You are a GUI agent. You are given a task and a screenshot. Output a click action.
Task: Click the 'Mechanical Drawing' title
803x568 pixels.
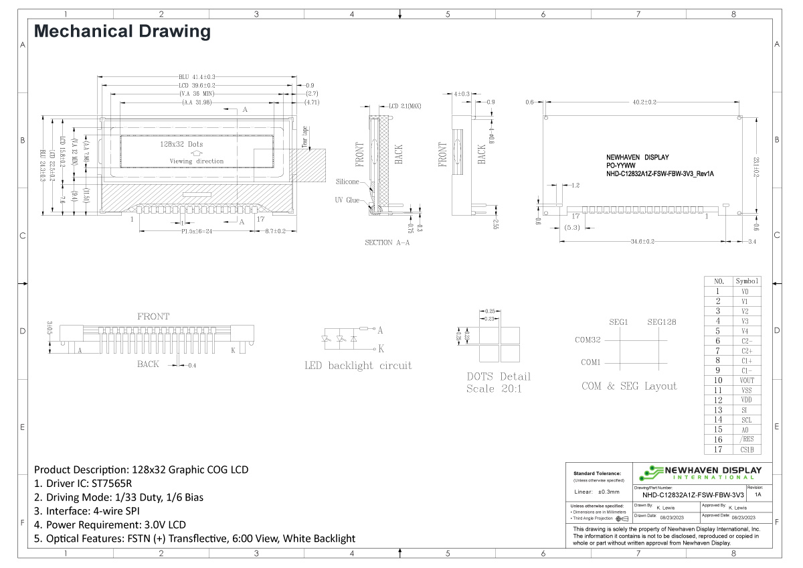pyautogui.click(x=122, y=31)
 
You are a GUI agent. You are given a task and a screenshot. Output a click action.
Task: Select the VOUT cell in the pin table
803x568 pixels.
pyautogui.click(x=747, y=380)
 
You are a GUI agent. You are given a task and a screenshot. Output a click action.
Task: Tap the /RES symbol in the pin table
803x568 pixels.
pyautogui.click(x=747, y=439)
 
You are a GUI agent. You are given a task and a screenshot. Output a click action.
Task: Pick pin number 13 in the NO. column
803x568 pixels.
pyautogui.click(x=717, y=410)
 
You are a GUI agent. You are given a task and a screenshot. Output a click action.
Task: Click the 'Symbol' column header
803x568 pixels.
pyautogui.click(x=747, y=281)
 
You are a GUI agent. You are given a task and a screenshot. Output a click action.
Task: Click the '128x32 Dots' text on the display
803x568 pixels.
pyautogui.click(x=181, y=144)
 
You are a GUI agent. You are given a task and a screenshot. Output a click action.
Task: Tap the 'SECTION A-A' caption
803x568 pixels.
pyautogui.click(x=387, y=242)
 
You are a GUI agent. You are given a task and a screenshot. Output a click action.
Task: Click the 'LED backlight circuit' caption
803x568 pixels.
pyautogui.click(x=358, y=366)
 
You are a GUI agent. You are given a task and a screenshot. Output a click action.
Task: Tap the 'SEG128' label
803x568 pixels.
pyautogui.click(x=661, y=322)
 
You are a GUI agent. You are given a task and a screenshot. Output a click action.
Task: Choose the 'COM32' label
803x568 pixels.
pyautogui.click(x=588, y=340)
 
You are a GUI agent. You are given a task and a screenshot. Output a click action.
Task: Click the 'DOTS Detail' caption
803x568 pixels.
pyautogui.click(x=499, y=376)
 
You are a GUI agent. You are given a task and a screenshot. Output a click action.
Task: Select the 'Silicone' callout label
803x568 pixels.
pyautogui.click(x=347, y=182)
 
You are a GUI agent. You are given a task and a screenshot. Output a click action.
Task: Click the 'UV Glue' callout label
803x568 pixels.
pyautogui.click(x=347, y=200)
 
